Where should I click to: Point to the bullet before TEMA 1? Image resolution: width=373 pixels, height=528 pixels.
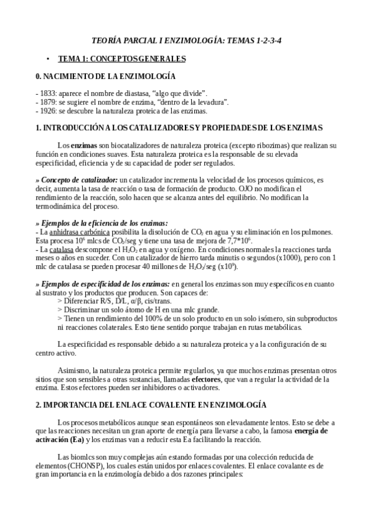47,59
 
